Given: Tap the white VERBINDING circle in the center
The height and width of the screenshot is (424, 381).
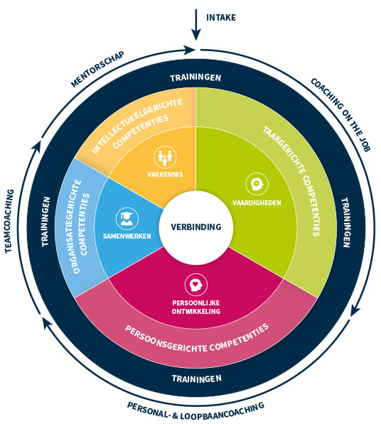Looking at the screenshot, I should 195,227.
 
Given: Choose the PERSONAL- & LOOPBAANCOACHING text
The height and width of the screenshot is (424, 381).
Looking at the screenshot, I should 195,410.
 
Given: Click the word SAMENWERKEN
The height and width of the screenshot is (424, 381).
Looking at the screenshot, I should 127,237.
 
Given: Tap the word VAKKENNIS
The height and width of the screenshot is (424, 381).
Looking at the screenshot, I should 165,173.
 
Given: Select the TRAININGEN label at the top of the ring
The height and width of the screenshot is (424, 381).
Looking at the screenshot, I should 195,77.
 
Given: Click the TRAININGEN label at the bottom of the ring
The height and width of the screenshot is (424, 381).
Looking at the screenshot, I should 195,378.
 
